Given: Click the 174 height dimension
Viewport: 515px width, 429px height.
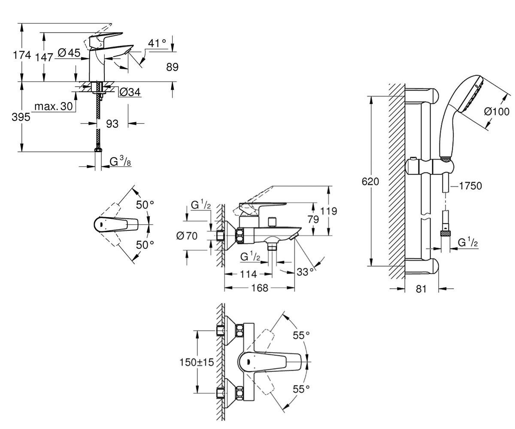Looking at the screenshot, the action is tap(22, 55).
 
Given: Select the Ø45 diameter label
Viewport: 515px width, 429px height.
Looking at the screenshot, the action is tap(69, 53).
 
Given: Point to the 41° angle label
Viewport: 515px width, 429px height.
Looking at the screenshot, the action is tap(157, 43).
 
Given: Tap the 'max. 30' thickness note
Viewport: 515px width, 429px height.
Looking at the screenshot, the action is tap(54, 106).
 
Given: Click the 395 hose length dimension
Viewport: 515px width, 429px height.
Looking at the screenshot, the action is tap(21, 117).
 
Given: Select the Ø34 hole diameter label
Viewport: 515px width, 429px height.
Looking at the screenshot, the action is tap(130, 93).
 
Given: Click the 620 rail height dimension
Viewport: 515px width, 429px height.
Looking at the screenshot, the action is tap(370, 182).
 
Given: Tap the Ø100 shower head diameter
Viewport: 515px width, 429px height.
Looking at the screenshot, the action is tap(497, 112).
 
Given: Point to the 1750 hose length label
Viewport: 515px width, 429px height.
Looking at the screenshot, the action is tap(470, 186).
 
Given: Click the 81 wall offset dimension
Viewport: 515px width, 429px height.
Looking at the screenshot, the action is tap(421, 289).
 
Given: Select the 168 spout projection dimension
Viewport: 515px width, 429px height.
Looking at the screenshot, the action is tap(260, 288).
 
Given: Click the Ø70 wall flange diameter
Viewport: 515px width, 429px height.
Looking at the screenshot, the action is tap(187, 236).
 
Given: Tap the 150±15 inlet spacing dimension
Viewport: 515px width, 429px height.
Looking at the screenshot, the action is tap(197, 362).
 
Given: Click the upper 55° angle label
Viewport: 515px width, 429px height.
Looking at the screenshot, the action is tap(301, 335).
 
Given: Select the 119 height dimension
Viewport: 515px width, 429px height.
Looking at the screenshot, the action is tap(329, 211).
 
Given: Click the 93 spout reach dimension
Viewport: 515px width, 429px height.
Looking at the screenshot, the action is tap(112, 124).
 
